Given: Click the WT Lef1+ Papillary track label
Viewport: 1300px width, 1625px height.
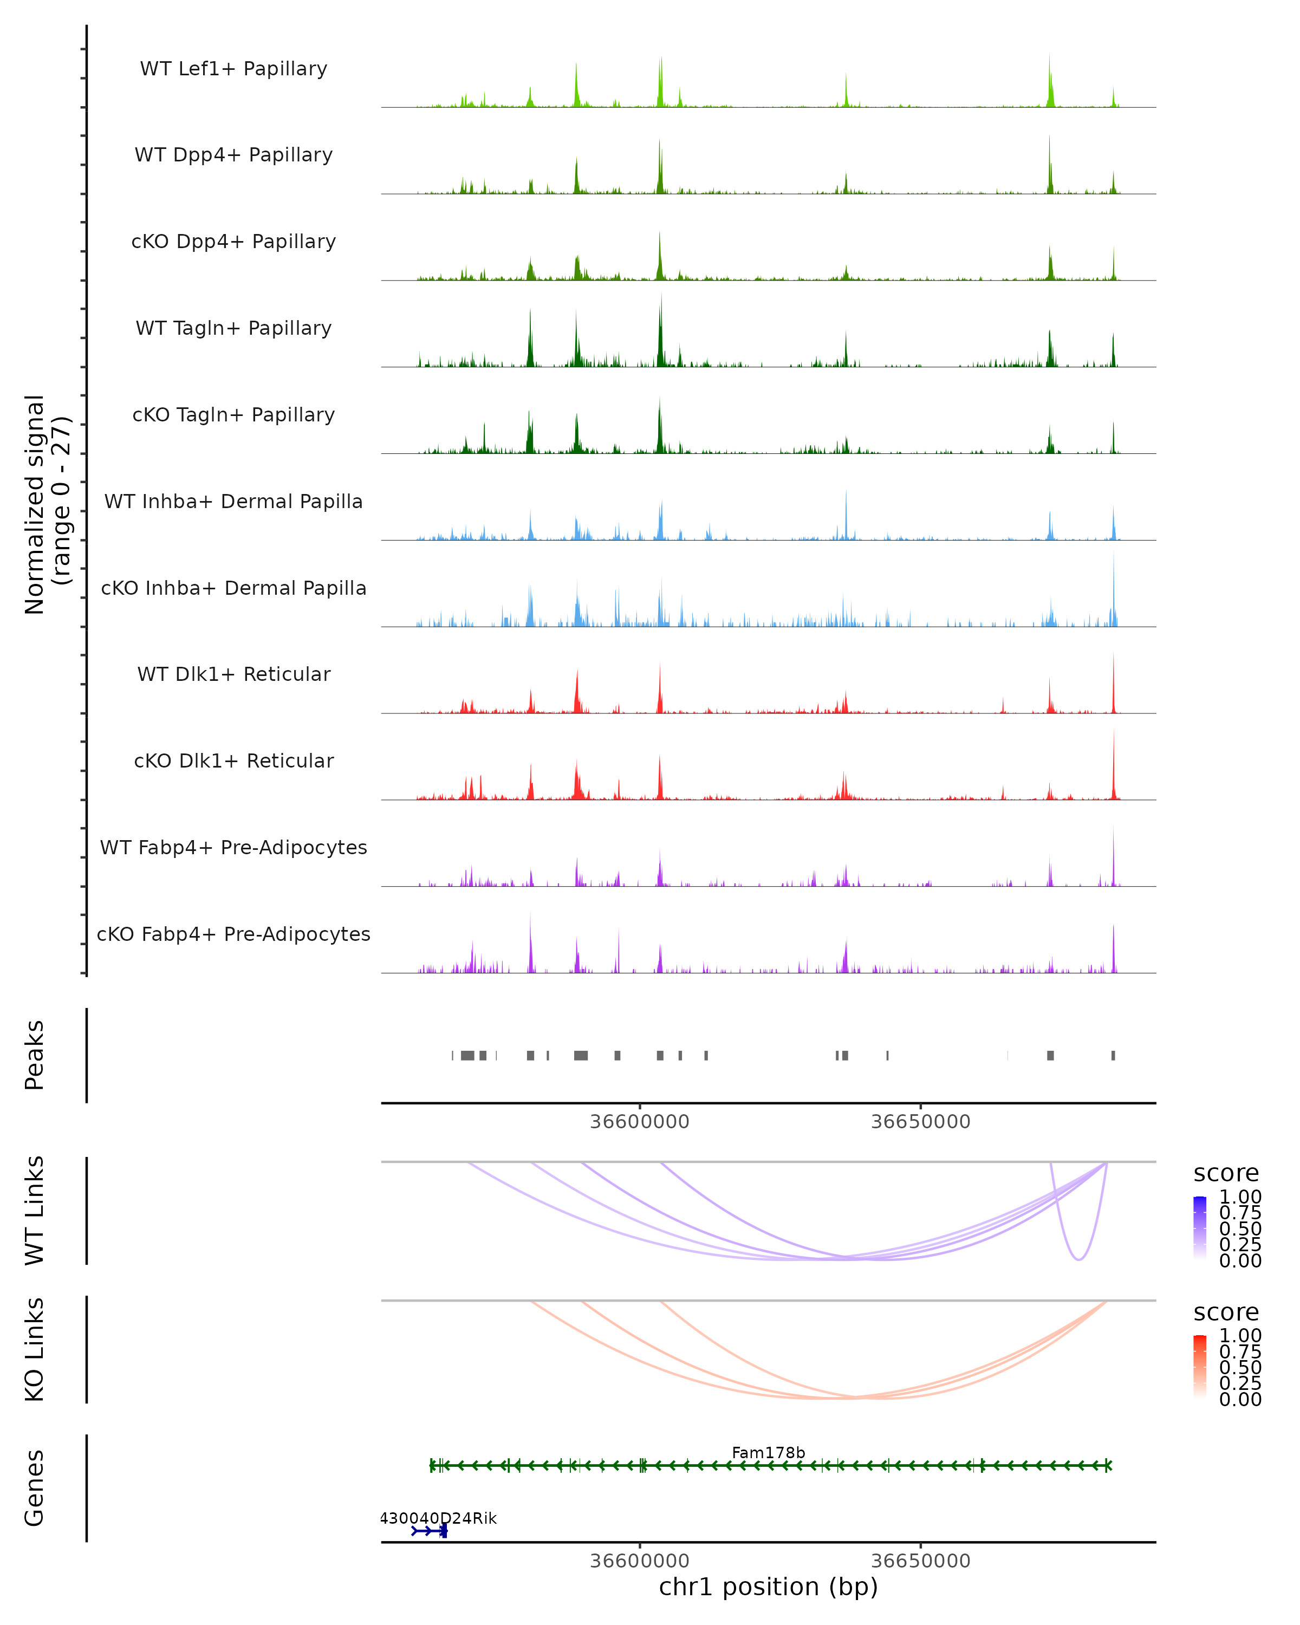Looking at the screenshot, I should (233, 69).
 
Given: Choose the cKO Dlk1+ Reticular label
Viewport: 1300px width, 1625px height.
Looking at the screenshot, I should (233, 760).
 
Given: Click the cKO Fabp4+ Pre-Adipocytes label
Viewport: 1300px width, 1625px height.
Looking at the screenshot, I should (233, 934).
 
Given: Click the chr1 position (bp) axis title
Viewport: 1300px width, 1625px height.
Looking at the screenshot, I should (768, 1587).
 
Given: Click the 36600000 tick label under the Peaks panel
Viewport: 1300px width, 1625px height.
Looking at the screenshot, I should (639, 1122).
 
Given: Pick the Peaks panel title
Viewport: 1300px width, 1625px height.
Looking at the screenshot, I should (35, 1055).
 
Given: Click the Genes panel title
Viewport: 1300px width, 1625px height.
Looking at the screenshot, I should (35, 1488).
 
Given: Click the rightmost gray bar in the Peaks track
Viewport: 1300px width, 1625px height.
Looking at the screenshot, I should (1113, 1055).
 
